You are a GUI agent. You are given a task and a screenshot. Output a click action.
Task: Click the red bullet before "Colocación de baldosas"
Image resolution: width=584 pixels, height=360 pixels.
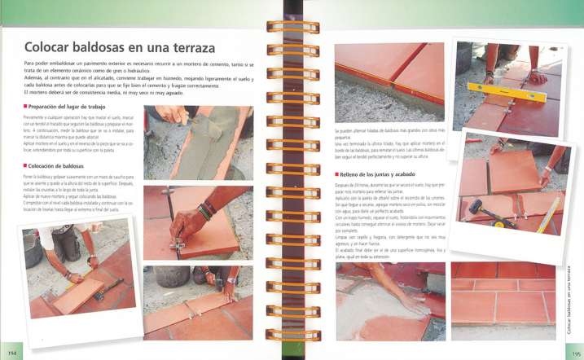26,165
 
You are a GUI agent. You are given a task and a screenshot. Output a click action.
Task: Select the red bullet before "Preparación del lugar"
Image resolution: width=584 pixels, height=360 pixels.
26,106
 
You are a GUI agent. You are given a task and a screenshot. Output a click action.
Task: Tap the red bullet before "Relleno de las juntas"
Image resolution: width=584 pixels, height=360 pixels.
336,173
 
